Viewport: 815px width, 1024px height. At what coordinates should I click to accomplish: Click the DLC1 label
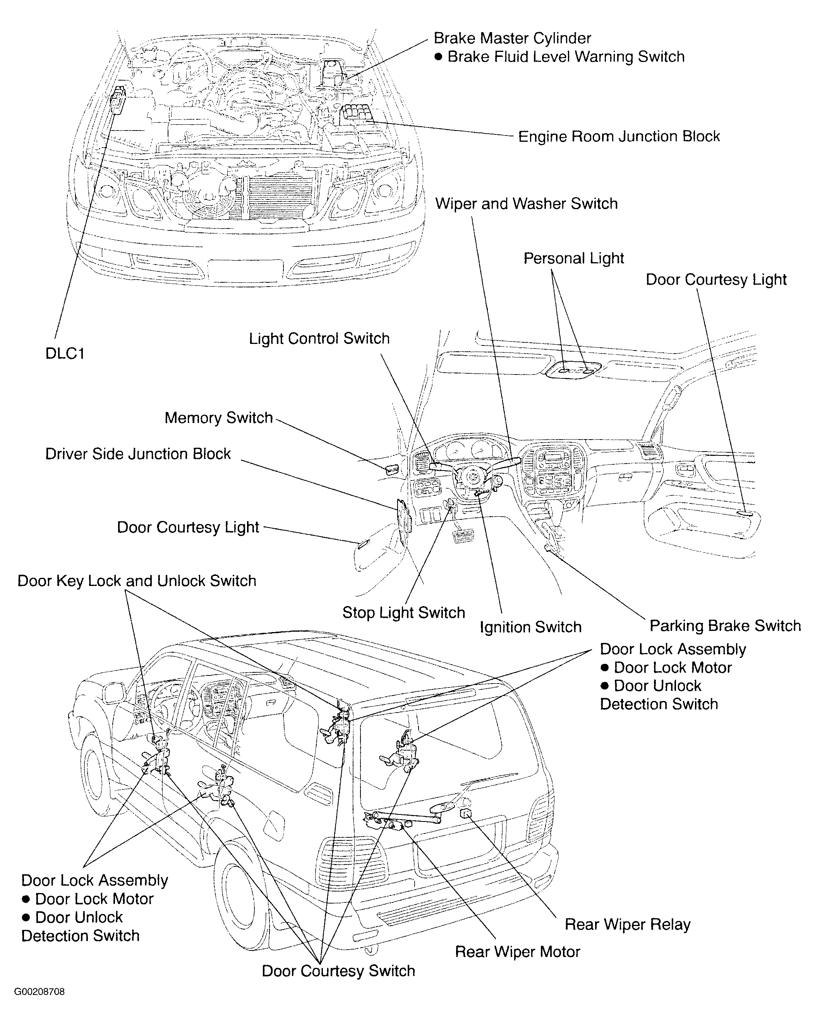click(65, 354)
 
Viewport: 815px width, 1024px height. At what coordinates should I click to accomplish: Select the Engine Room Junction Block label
click(618, 137)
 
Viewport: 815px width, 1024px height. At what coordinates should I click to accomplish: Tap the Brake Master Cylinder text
click(512, 38)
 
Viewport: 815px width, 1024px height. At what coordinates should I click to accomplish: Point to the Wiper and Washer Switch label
click(526, 204)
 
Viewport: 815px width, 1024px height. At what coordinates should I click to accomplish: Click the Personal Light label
click(573, 258)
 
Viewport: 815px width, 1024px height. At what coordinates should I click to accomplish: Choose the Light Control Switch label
click(319, 338)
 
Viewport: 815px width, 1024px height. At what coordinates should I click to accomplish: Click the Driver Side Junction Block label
click(138, 454)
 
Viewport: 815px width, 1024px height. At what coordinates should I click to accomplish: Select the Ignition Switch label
click(530, 627)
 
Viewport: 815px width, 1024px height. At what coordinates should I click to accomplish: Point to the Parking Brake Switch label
click(725, 625)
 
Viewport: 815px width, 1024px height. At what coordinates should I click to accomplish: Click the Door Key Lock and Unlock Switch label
click(137, 581)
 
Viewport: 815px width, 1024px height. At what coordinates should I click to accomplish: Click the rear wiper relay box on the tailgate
click(465, 814)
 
